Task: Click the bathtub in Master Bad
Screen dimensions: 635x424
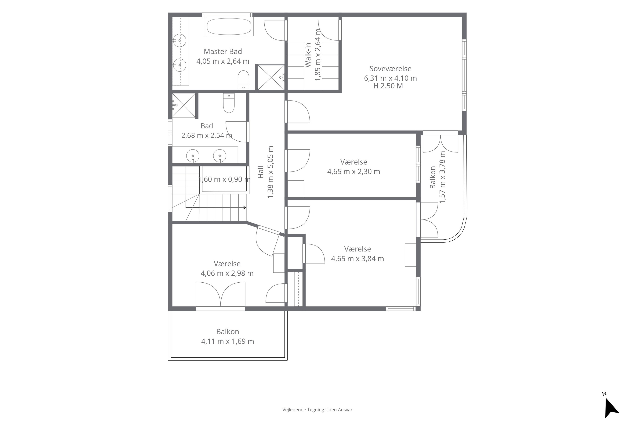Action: click(x=229, y=26)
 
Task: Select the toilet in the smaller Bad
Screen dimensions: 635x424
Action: click(x=229, y=103)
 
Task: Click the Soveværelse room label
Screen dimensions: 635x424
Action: click(x=390, y=69)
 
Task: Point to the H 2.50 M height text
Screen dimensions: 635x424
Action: click(x=388, y=86)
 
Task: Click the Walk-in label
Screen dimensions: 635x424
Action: click(x=308, y=55)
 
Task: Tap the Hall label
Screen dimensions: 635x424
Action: click(x=261, y=172)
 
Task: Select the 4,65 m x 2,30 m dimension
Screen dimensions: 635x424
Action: click(x=354, y=172)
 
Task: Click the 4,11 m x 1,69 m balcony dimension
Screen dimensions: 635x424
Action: click(x=228, y=341)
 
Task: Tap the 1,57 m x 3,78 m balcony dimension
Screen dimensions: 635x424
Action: click(x=442, y=177)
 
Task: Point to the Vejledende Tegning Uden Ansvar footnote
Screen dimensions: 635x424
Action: click(x=317, y=410)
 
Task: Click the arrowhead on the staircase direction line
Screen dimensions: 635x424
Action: click(x=245, y=208)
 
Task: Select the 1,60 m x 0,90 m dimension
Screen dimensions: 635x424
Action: click(x=224, y=179)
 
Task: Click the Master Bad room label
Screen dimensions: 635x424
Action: click(x=223, y=51)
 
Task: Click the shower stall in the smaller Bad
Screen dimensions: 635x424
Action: click(x=184, y=105)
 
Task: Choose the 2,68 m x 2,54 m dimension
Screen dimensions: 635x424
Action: click(x=207, y=135)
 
